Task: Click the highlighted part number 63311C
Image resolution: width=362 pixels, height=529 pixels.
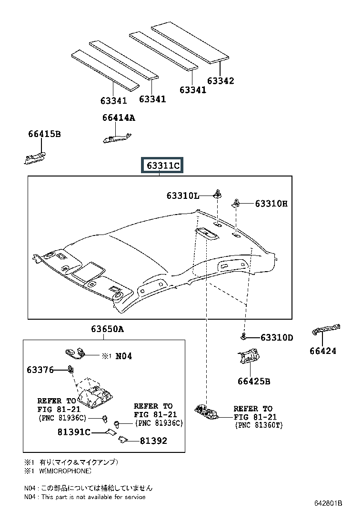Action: click(162, 166)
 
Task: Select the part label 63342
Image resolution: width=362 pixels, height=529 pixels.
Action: click(221, 80)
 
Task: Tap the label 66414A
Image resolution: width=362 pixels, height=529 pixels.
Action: click(119, 118)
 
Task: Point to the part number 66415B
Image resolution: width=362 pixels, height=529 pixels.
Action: click(45, 134)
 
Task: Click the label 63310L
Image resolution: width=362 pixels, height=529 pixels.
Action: click(182, 196)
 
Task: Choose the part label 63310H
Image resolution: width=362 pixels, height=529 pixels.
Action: click(271, 204)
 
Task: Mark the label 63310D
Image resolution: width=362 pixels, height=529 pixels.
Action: click(277, 337)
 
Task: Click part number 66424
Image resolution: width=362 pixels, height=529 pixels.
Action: click(323, 351)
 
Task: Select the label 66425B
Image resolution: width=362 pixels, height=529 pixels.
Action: click(254, 381)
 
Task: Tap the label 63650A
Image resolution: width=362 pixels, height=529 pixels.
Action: click(107, 329)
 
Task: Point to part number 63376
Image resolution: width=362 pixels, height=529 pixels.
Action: click(40, 370)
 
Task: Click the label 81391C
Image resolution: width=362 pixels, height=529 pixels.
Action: click(74, 432)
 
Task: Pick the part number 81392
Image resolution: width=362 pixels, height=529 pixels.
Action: click(153, 441)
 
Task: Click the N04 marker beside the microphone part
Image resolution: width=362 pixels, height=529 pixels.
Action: click(123, 356)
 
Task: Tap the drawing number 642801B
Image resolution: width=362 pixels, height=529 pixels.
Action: click(328, 503)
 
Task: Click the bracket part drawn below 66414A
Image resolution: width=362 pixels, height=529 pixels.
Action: click(117, 138)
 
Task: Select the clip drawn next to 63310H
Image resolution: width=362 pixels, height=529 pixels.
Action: click(236, 203)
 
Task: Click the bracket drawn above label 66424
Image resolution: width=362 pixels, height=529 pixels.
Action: click(326, 329)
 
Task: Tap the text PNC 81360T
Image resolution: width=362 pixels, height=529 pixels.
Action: click(259, 425)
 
